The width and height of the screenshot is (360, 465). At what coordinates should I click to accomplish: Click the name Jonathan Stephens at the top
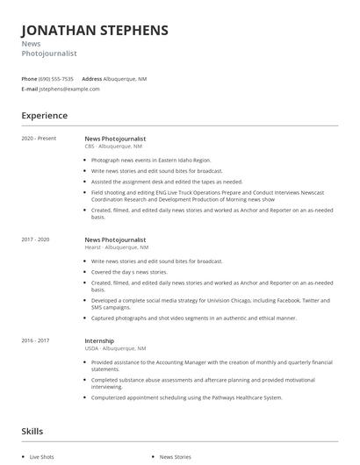(95, 30)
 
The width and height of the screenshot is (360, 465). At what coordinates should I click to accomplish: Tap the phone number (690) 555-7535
(56, 78)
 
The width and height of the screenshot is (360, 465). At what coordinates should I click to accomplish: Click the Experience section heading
(44, 115)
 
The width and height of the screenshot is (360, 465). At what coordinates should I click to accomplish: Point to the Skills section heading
(32, 431)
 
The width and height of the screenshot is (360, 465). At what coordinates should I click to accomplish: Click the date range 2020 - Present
(39, 139)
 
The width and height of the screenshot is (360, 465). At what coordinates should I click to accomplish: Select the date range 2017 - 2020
(36, 240)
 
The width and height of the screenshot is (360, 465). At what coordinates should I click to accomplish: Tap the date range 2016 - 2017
(36, 340)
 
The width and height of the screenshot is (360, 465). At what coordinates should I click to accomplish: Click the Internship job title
(98, 340)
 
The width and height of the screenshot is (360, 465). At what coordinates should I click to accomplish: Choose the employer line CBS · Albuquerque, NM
(113, 147)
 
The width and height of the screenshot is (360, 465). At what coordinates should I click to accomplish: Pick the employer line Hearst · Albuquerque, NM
(116, 247)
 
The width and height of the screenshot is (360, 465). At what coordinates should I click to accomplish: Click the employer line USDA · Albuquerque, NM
(115, 348)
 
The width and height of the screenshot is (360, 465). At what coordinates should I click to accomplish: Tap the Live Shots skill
(42, 457)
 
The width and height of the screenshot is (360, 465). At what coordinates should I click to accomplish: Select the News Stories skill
(175, 457)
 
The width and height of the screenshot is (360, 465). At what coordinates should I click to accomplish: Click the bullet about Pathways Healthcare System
(187, 397)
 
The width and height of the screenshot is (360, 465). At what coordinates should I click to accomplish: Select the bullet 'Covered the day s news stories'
(129, 272)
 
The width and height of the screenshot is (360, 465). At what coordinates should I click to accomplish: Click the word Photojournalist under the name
(49, 54)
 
